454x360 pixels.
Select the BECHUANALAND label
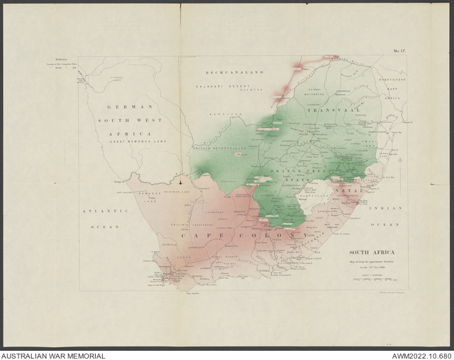pos(235,73)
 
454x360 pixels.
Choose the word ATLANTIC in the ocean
pos(104,212)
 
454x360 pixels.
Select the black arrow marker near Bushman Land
pos(182,183)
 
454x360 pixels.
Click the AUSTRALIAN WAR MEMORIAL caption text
pos(53,356)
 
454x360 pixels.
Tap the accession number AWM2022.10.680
pos(421,356)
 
